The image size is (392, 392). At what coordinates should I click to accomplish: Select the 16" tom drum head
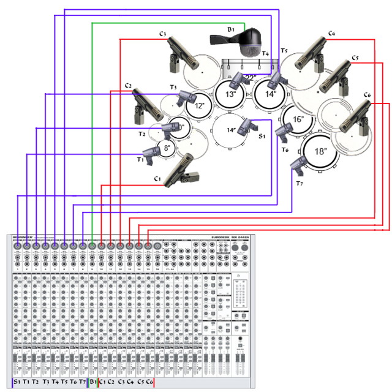pos(298,119)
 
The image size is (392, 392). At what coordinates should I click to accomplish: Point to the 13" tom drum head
pos(231,94)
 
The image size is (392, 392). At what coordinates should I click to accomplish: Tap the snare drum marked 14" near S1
pos(231,130)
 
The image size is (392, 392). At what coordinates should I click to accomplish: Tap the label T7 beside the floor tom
pos(300,183)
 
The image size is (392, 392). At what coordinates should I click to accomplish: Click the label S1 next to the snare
pos(262,136)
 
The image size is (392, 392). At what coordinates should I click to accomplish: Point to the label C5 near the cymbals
pos(355,58)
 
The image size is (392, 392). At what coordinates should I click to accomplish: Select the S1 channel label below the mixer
pos(17,382)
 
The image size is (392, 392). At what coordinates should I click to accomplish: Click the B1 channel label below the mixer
pos(93,382)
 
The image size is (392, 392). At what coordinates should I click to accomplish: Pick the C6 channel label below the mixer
pos(149,382)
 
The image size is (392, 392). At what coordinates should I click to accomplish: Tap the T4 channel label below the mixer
pos(55,382)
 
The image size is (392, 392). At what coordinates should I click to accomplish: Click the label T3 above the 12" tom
pos(173,87)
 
